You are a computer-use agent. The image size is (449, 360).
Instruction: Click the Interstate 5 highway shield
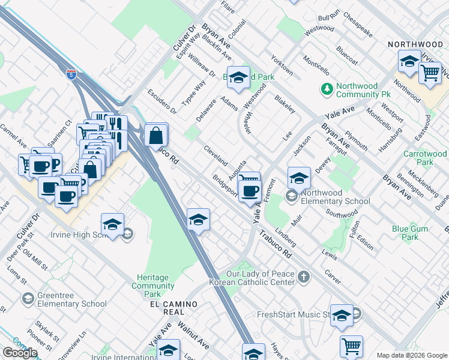71,75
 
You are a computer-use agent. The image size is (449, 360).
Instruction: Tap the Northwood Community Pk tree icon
327,89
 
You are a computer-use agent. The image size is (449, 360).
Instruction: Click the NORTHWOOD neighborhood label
415,44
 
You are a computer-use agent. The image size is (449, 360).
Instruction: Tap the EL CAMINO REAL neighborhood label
173,304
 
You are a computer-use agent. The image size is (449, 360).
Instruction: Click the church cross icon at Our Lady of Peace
304,277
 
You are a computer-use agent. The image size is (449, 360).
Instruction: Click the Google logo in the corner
20,353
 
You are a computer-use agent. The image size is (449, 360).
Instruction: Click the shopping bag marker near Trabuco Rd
155,136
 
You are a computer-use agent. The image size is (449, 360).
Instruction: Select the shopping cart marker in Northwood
430,73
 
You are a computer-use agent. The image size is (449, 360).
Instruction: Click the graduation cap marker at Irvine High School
112,225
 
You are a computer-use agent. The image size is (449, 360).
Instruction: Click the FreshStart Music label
294,314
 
